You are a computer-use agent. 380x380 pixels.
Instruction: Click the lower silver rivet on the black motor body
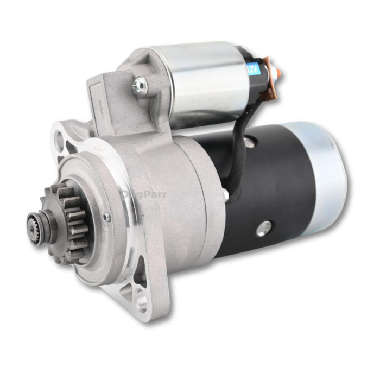[x=265, y=229]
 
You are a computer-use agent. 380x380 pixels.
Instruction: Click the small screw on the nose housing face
[x=107, y=217]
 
